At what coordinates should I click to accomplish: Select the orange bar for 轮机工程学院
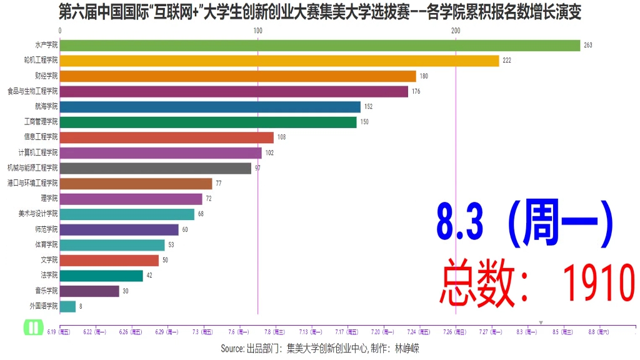tap(279, 61)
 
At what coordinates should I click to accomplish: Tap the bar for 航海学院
tap(210, 107)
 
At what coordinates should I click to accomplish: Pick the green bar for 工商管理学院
tap(208, 122)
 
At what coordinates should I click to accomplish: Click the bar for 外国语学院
tap(67, 306)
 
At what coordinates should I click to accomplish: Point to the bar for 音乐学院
tap(89, 291)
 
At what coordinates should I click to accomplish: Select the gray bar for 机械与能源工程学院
tap(156, 168)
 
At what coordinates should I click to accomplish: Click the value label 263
tap(587, 45)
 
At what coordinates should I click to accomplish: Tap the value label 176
tap(416, 91)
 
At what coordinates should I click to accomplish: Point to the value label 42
tap(149, 276)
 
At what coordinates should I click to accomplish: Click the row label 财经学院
tap(46, 76)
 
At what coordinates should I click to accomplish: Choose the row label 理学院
tap(49, 199)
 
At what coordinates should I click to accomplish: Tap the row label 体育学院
tap(46, 245)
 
